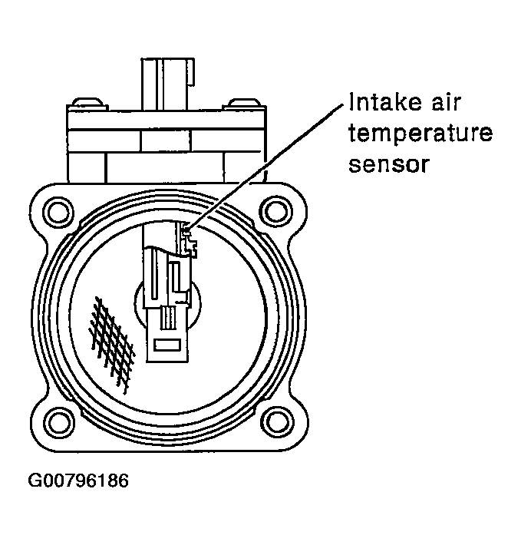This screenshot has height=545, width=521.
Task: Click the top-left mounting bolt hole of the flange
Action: click(x=56, y=209)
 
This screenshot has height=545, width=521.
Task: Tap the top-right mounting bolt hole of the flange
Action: click(x=272, y=209)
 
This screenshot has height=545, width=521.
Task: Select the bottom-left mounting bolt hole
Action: click(x=56, y=419)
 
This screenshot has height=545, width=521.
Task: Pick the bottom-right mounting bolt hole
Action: click(x=272, y=419)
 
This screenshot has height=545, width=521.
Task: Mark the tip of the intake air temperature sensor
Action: click(x=186, y=228)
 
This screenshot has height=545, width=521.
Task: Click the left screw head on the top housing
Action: click(x=84, y=103)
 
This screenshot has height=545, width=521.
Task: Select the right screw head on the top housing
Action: click(x=246, y=103)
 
